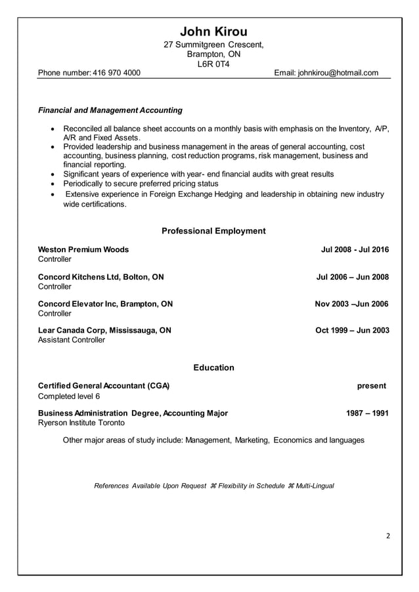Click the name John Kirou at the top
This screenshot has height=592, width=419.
click(x=213, y=32)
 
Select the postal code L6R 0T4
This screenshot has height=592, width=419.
click(x=213, y=64)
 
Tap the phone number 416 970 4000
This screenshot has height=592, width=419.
click(x=117, y=73)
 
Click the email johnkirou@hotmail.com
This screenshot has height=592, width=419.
click(x=338, y=73)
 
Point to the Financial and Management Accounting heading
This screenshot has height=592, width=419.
click(x=110, y=110)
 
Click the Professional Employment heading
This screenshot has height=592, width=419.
click(x=213, y=231)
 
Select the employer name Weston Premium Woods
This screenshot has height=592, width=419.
click(x=83, y=249)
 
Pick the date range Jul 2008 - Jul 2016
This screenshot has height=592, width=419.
click(x=355, y=249)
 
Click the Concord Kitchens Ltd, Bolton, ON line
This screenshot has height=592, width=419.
click(x=101, y=277)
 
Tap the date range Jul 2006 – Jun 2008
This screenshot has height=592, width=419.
click(x=353, y=277)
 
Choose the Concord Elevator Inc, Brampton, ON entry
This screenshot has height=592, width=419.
click(x=106, y=304)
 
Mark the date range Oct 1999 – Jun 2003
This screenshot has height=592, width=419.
click(x=352, y=330)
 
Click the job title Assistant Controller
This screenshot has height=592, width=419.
click(x=72, y=340)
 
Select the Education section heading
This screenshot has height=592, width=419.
click(x=213, y=368)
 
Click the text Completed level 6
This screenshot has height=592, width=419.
click(x=69, y=396)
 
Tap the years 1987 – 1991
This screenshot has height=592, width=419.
click(x=367, y=413)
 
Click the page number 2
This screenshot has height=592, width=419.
click(x=388, y=536)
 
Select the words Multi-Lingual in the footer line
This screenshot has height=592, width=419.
click(x=315, y=486)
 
